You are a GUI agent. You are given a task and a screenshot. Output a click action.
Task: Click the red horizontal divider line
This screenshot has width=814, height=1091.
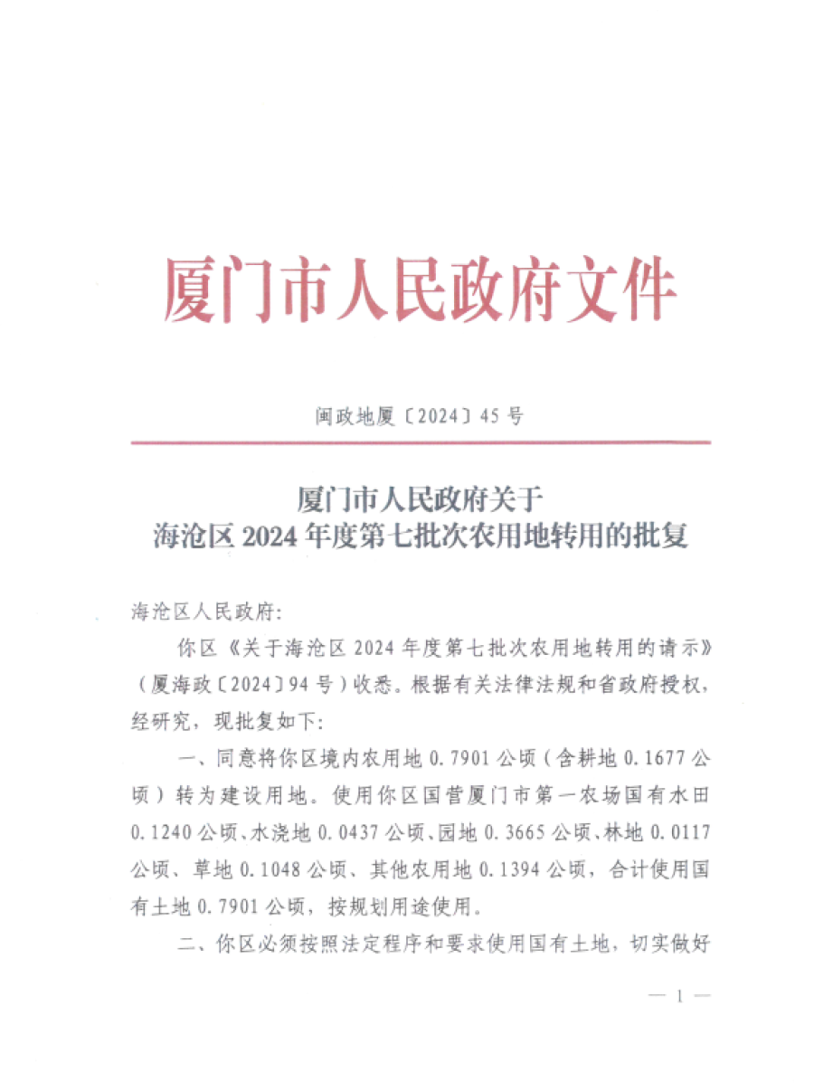point(420,442)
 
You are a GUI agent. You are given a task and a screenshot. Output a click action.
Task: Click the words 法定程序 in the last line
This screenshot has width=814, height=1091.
point(346,941)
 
